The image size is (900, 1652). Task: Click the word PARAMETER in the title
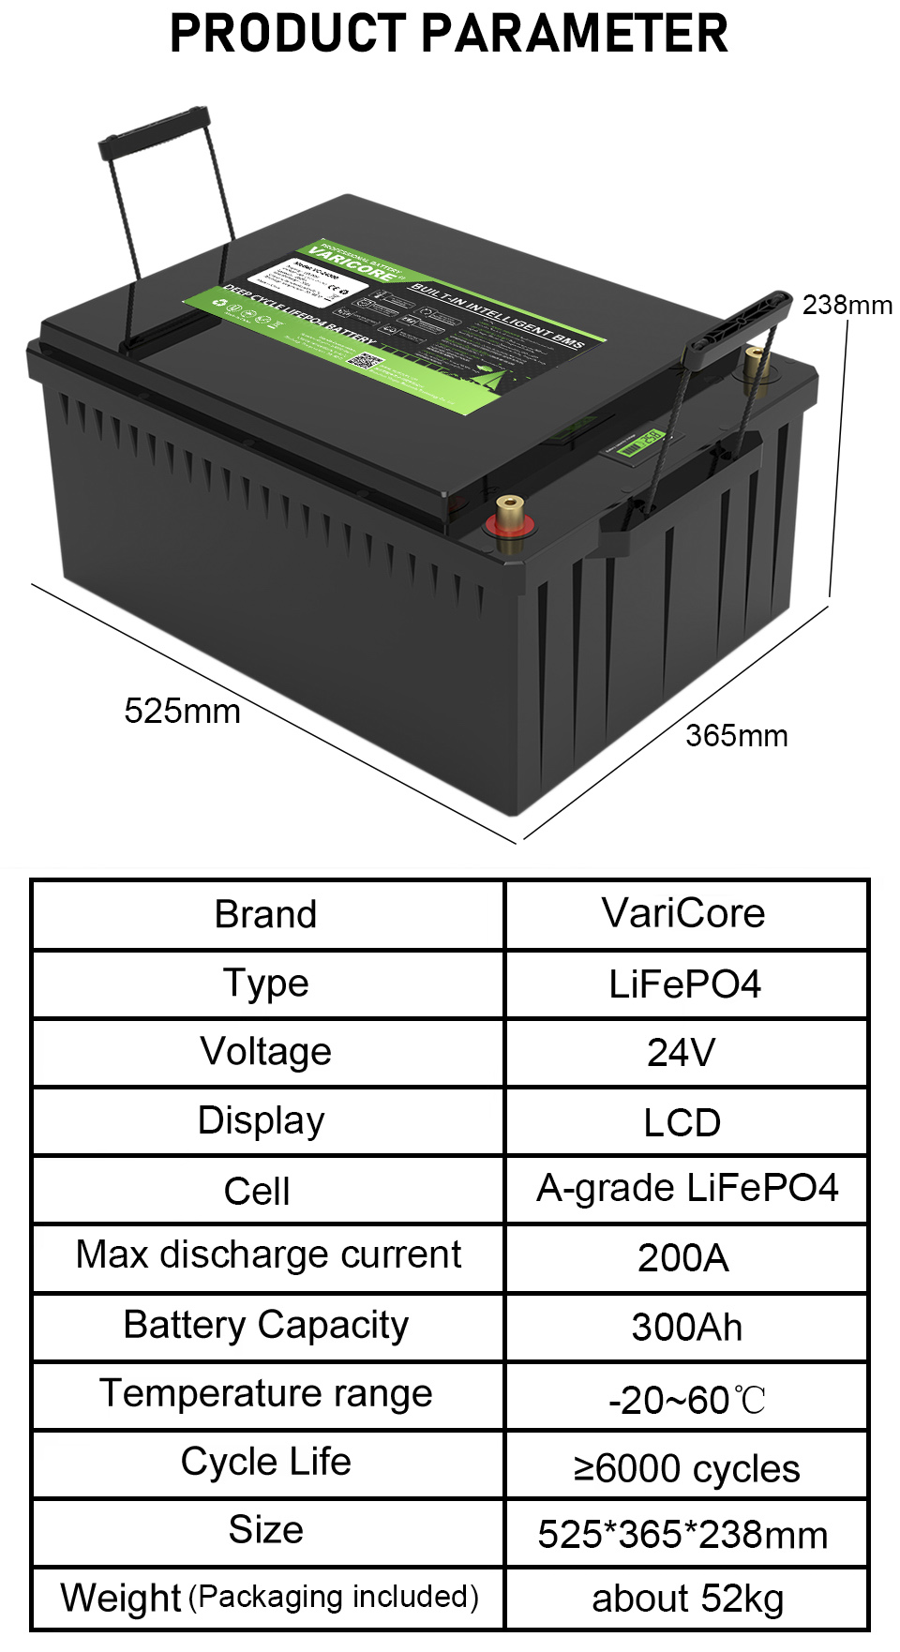coord(574,34)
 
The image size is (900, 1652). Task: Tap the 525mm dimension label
coord(182,711)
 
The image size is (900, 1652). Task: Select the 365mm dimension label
coord(736,736)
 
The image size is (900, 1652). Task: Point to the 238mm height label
coord(847,305)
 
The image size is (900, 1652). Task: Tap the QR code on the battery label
coord(361,360)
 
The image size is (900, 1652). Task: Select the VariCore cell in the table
coord(683,913)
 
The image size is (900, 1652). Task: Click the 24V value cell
coord(682,1052)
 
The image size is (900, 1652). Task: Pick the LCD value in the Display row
coord(682,1122)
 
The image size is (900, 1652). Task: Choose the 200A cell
coord(683,1257)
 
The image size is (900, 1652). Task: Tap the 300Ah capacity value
coord(686,1327)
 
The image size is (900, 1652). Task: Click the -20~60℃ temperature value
coord(686,1400)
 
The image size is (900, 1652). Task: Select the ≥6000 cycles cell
coord(686,1468)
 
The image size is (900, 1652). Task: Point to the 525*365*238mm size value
coord(682,1535)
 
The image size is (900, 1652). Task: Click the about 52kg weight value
coord(687,1599)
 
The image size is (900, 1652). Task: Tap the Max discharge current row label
coord(268,1254)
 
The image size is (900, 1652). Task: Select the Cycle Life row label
coord(266,1461)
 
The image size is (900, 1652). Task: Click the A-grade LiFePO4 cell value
coord(686,1188)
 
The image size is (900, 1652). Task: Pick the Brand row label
coord(265,914)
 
